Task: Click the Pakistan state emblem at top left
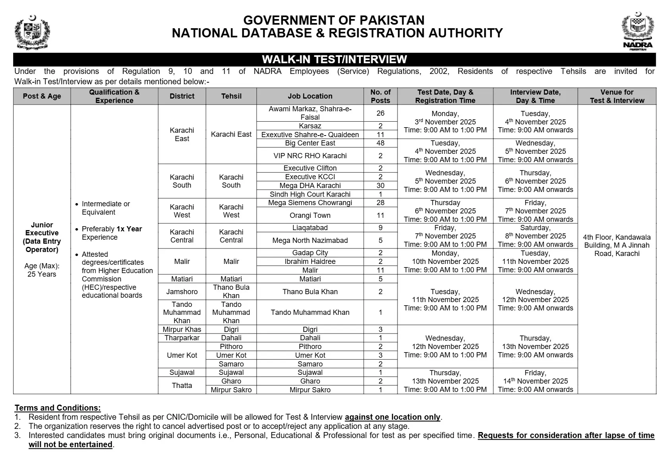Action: click(32, 32)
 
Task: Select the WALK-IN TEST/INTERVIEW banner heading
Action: click(334, 60)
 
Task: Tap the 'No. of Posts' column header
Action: click(380, 96)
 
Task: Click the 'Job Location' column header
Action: click(310, 96)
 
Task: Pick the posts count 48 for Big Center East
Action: click(380, 143)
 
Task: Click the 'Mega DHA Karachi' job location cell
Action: click(310, 186)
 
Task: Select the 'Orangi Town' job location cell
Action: click(310, 215)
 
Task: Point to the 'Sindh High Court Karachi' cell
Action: click(310, 194)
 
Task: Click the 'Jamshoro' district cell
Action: click(182, 292)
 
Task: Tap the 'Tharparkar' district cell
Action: click(182, 338)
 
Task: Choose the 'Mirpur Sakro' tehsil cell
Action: click(231, 390)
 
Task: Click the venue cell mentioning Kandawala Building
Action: click(617, 246)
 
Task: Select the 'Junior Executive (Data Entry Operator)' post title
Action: click(42, 237)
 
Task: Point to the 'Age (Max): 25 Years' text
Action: click(42, 270)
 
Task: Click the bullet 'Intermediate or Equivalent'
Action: click(106, 208)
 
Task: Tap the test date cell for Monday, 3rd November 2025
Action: click(445, 122)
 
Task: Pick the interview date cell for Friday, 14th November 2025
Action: click(535, 381)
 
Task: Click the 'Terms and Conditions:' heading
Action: click(58, 408)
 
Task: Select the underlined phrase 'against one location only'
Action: click(392, 417)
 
